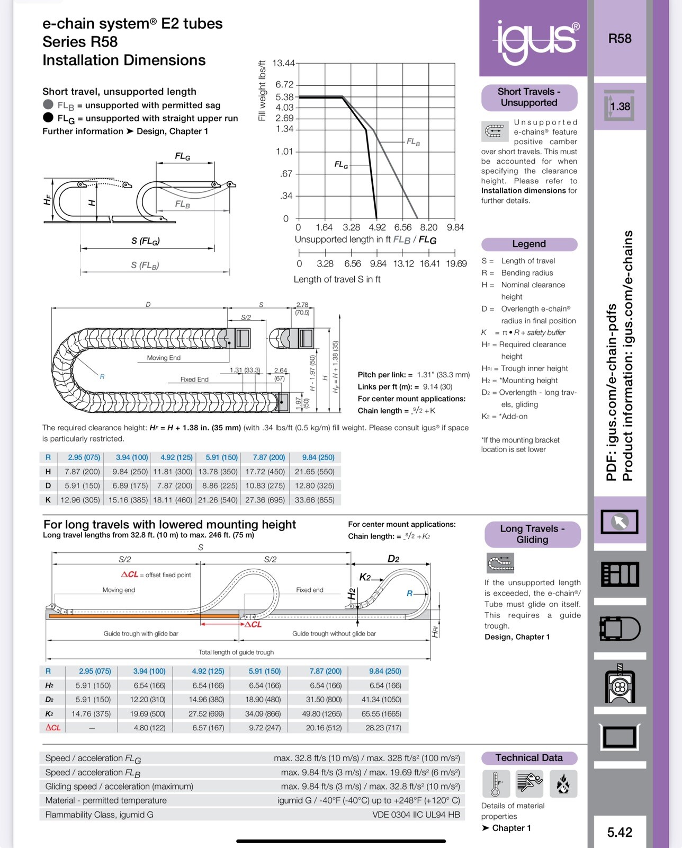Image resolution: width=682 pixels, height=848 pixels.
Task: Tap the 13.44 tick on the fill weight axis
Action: (x=283, y=64)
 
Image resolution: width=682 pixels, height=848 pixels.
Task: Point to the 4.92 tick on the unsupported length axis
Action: (x=377, y=227)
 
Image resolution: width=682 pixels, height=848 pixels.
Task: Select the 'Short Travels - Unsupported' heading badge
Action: (x=529, y=98)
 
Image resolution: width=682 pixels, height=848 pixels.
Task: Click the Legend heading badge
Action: (x=529, y=244)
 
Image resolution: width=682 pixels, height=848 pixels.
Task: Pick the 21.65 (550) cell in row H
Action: (x=315, y=472)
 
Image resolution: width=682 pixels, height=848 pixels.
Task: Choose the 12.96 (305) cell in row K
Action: (x=80, y=500)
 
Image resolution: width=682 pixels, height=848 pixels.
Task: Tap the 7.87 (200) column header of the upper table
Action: (x=269, y=457)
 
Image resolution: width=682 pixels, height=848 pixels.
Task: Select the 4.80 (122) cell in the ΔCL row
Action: (x=150, y=728)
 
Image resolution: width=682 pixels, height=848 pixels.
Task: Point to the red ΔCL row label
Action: (x=53, y=728)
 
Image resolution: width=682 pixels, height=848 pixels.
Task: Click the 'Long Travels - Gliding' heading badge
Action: (x=532, y=534)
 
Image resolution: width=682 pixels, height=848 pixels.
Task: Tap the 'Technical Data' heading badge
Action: (x=529, y=758)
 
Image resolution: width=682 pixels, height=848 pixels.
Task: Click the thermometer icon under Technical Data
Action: (x=496, y=784)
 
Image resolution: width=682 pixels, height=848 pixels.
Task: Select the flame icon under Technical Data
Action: (x=563, y=784)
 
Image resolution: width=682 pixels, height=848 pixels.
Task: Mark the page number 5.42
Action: (x=620, y=832)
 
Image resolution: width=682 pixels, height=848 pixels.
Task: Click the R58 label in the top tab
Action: (x=620, y=39)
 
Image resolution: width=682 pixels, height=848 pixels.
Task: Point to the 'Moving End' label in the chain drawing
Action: (x=164, y=358)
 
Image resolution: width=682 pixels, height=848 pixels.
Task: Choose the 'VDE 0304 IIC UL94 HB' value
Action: (x=416, y=815)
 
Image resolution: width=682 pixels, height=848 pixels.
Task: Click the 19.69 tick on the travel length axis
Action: (x=456, y=263)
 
